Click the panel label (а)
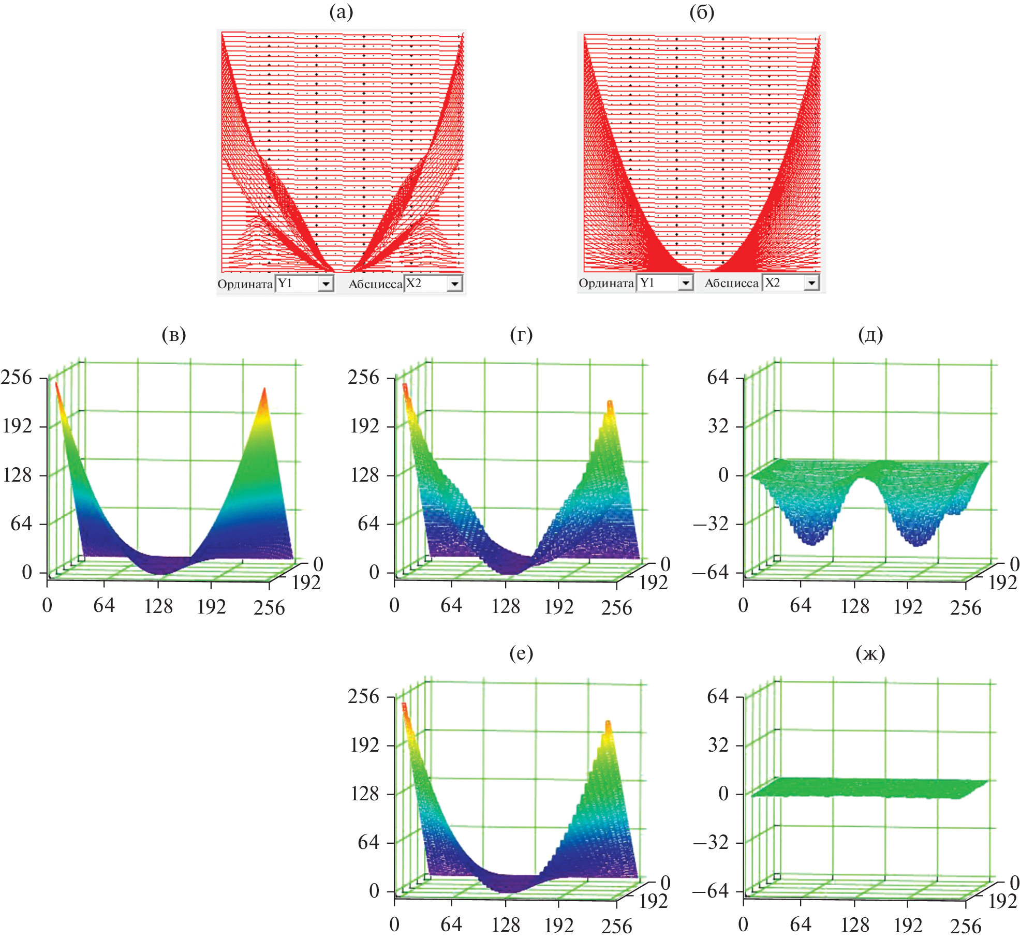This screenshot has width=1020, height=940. pyautogui.click(x=341, y=12)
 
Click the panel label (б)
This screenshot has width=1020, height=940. pyautogui.click(x=702, y=12)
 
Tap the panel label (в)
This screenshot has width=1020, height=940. pyautogui.click(x=174, y=335)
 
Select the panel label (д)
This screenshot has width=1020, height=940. pyautogui.click(x=870, y=335)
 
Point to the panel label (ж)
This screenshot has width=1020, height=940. pyautogui.click(x=870, y=653)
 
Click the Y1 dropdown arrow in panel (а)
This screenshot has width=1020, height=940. pyautogui.click(x=326, y=284)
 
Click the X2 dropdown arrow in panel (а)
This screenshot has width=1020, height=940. pyautogui.click(x=454, y=284)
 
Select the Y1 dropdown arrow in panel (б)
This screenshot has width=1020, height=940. pyautogui.click(x=685, y=282)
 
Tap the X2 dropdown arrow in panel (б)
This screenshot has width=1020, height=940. pyautogui.click(x=811, y=282)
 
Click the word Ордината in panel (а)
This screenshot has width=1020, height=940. pyautogui.click(x=245, y=284)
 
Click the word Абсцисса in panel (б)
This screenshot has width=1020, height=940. pyautogui.click(x=731, y=283)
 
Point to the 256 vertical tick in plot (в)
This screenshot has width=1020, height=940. pyautogui.click(x=17, y=377)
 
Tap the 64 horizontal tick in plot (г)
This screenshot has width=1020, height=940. pyautogui.click(x=451, y=605)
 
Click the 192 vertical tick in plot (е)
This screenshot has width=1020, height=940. pyautogui.click(x=365, y=745)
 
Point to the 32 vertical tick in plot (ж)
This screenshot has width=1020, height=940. pyautogui.click(x=718, y=745)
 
